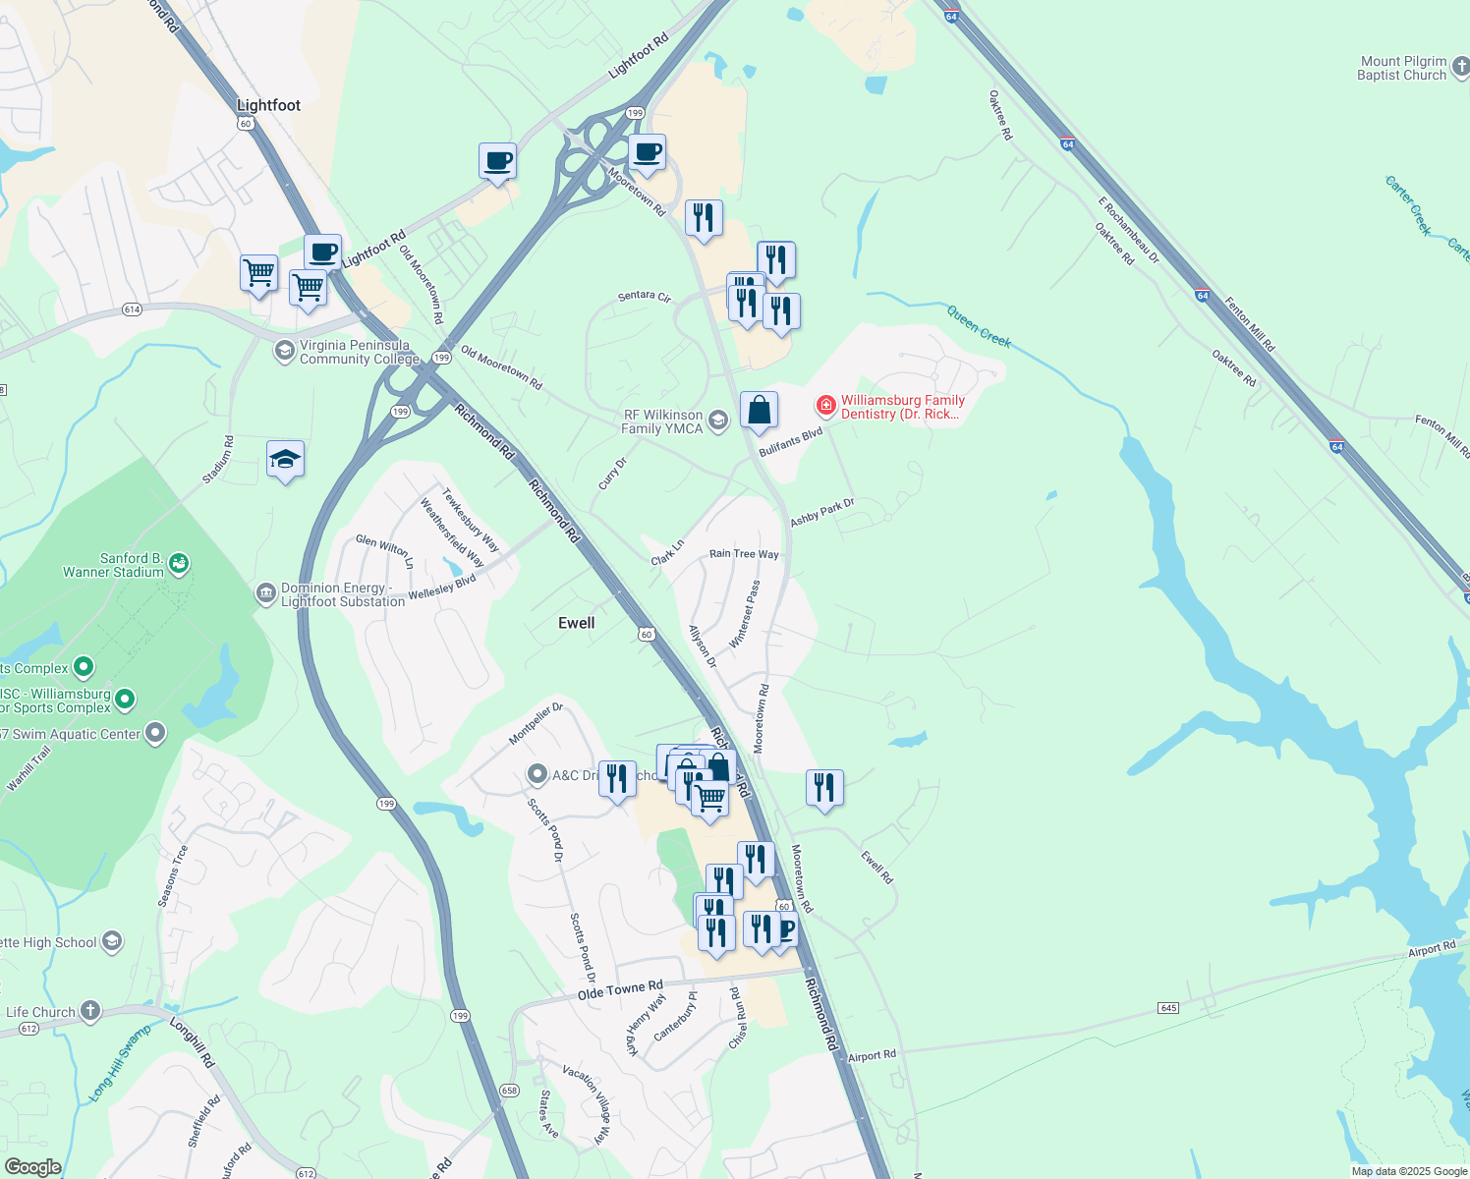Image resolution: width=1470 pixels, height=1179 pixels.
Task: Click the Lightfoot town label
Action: (268, 105)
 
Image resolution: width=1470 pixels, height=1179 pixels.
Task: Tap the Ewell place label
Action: (576, 623)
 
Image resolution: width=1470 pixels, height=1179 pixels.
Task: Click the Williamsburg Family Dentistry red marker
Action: (825, 405)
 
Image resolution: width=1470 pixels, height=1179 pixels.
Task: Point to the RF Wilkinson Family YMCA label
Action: (662, 421)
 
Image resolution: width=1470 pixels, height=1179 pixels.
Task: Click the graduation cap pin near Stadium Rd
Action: (285, 459)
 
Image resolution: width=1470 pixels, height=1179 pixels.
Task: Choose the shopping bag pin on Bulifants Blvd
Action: (760, 410)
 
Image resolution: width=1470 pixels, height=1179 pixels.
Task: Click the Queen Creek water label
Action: (979, 325)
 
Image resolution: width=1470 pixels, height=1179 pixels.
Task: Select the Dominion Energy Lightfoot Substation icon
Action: (265, 593)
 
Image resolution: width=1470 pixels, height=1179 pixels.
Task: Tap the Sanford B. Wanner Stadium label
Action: (113, 565)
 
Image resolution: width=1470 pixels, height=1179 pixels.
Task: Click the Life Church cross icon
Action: (90, 1010)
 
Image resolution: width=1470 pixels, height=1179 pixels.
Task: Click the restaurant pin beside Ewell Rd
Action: (824, 787)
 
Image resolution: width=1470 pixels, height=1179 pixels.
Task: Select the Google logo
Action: (32, 1167)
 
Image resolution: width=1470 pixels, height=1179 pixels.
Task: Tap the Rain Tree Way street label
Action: (744, 554)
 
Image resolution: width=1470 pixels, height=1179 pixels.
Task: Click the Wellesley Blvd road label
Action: (442, 588)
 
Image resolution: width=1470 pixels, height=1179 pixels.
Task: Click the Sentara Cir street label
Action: (645, 296)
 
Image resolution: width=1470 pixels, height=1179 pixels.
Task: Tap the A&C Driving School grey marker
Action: (537, 774)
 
